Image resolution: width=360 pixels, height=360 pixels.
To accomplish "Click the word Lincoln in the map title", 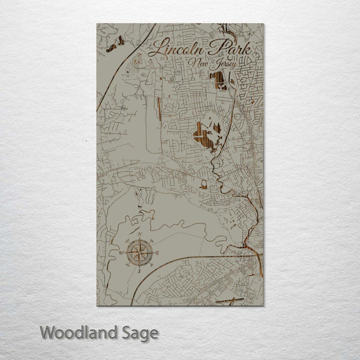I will click(x=173, y=49).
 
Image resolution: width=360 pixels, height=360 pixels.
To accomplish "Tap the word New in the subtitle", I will click(x=198, y=63).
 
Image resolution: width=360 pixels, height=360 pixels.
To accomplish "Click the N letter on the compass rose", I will click(x=140, y=235).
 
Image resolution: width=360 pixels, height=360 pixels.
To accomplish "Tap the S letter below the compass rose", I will click(x=139, y=270).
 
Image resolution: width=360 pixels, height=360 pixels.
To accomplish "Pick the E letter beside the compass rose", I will click(x=157, y=252).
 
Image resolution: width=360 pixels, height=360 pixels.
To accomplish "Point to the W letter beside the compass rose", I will click(x=121, y=253).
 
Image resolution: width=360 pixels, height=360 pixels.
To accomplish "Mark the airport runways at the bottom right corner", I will click(x=229, y=300).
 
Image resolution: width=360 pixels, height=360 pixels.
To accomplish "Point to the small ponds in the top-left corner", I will click(x=115, y=44).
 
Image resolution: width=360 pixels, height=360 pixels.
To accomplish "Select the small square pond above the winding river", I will click(x=203, y=186).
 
